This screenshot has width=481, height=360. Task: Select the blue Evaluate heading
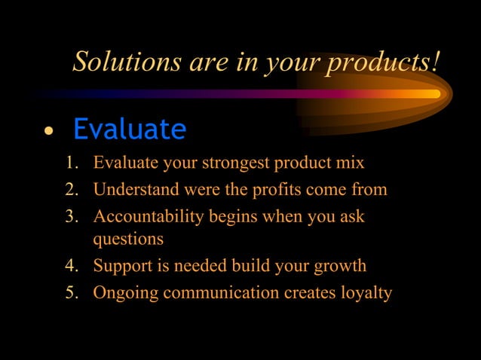coord(129,130)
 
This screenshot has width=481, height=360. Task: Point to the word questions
coord(127,240)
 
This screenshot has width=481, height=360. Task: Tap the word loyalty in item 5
coord(366,293)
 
